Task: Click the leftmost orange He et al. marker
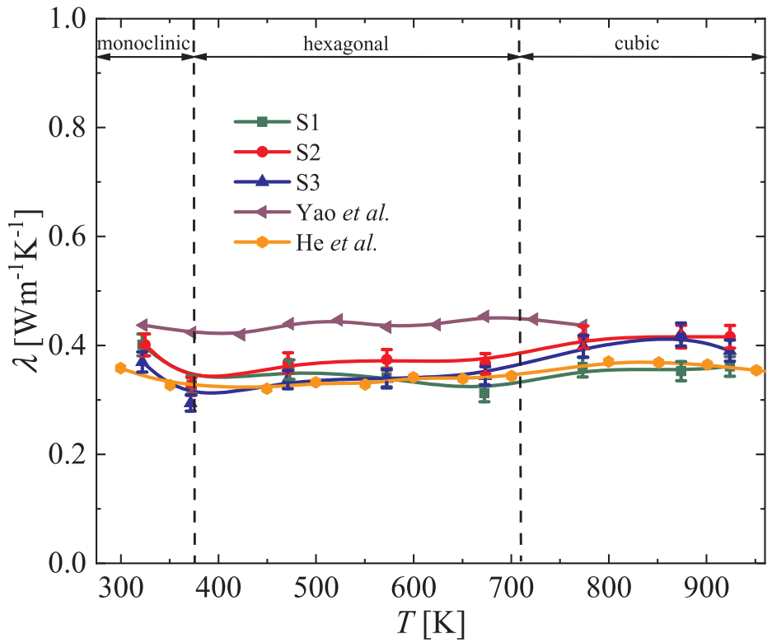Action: click(120, 368)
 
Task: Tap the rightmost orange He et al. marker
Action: click(756, 370)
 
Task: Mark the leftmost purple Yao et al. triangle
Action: click(141, 326)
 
